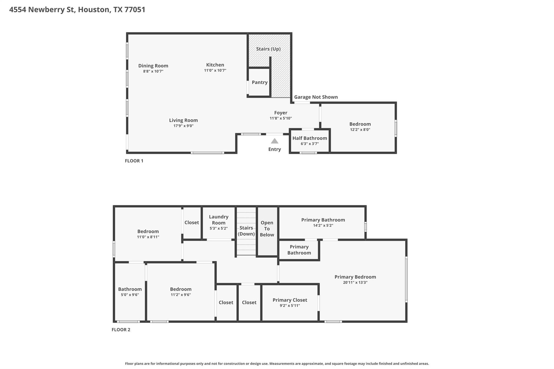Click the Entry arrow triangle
coord(275,141)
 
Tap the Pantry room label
coord(260,82)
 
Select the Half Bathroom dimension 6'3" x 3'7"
coord(310,144)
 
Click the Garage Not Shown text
coord(316,97)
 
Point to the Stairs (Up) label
coord(268,49)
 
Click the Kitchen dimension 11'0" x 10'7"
coord(215,70)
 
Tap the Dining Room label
coord(153,65)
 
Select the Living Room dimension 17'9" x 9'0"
coord(183,126)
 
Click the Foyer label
coord(281,112)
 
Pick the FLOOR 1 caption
coord(134,161)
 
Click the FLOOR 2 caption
coord(121,330)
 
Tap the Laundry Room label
coord(219,220)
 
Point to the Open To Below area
coord(267,229)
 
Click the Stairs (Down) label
coord(246,231)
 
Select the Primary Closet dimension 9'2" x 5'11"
coord(290,305)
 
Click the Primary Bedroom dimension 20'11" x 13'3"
coord(355,282)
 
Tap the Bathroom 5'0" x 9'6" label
coord(130,289)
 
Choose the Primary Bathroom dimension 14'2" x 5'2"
coord(323,225)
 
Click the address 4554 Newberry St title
coord(77,9)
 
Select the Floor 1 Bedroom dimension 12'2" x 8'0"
coord(360,129)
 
